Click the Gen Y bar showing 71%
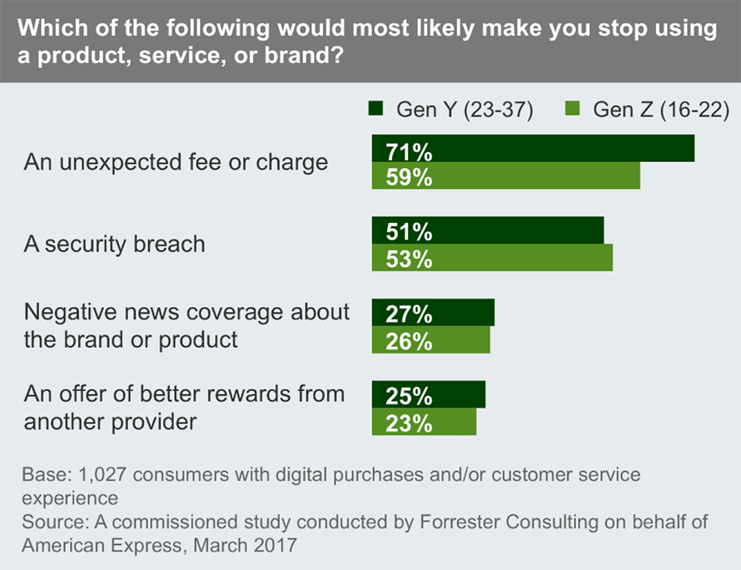pyautogui.click(x=533, y=148)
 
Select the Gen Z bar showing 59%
pyautogui.click(x=505, y=176)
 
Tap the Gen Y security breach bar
pyautogui.click(x=487, y=230)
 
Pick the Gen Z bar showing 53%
pyautogui.click(x=492, y=257)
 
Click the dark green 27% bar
pyautogui.click(x=433, y=313)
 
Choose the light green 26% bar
pyautogui.click(x=430, y=340)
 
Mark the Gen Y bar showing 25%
pyautogui.click(x=428, y=394)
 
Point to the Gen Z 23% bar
pyautogui.click(x=424, y=422)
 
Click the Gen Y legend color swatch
pyautogui.click(x=375, y=109)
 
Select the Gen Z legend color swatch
pyautogui.click(x=572, y=109)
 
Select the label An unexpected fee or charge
pyautogui.click(x=176, y=161)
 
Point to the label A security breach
pyautogui.click(x=114, y=244)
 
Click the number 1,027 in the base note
pyautogui.click(x=105, y=475)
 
